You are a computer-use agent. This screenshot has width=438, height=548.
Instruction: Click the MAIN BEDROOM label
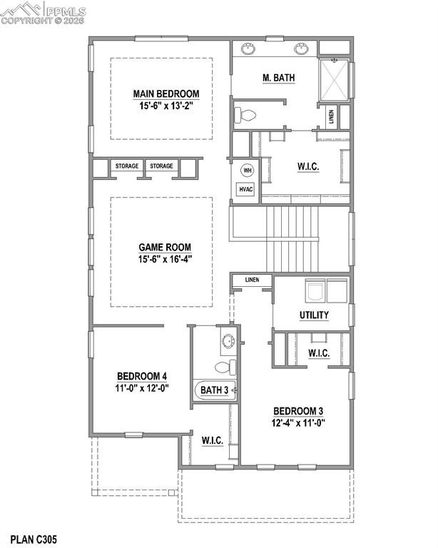point(165,93)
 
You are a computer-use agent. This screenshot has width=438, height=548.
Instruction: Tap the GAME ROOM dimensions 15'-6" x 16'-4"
point(165,260)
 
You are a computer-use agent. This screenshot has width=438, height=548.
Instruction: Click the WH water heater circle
point(248,171)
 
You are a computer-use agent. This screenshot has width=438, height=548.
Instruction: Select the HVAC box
point(246,189)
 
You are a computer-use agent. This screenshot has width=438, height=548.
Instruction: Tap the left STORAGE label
point(127,166)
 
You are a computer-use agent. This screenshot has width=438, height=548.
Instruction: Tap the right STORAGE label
point(161,166)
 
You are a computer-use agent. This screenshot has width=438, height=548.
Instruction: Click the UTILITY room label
point(314,315)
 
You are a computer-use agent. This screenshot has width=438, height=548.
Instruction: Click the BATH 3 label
point(214,390)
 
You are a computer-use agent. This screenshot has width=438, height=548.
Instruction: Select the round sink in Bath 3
point(228,341)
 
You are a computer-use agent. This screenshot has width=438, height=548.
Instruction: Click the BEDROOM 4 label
point(142,376)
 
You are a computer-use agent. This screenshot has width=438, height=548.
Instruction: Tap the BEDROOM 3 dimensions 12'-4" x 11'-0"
point(299,422)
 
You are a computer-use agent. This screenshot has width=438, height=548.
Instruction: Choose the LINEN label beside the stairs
point(252,280)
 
